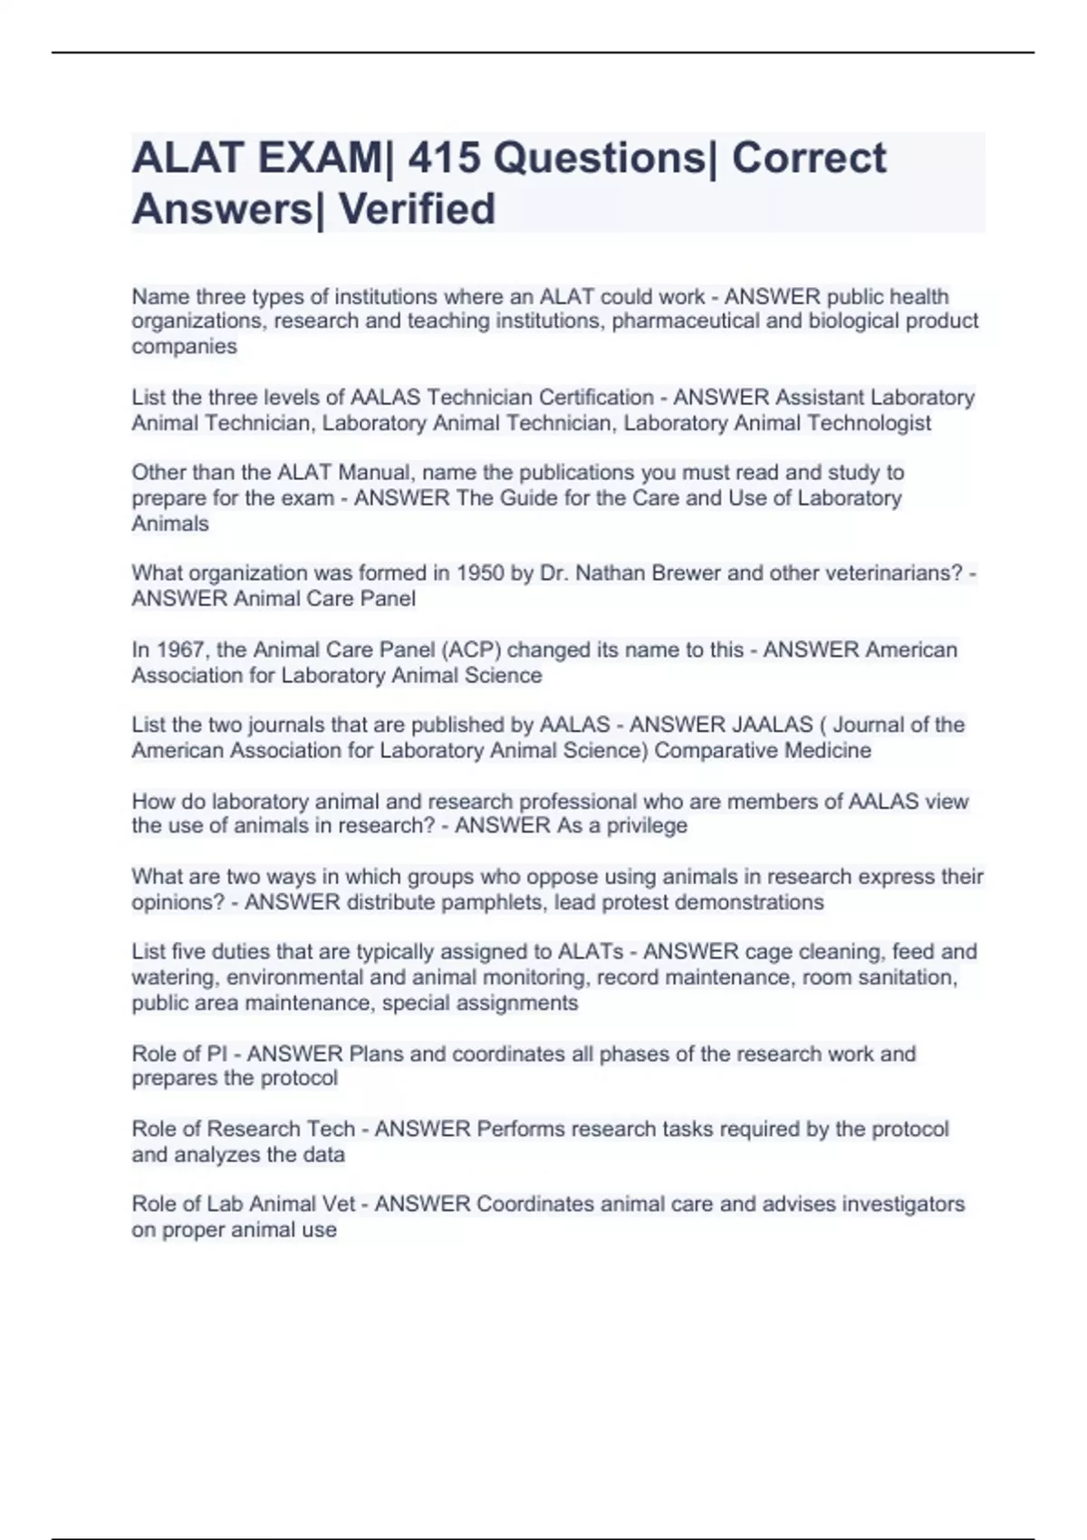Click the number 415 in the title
[x=445, y=159]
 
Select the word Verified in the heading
[x=418, y=209]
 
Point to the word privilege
[x=647, y=826]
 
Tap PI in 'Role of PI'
[x=216, y=1054]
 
